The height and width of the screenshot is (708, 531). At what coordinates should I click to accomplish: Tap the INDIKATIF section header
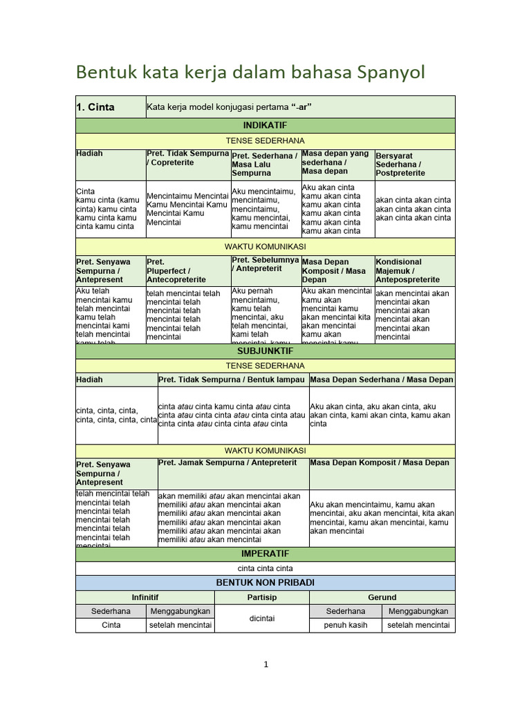265,126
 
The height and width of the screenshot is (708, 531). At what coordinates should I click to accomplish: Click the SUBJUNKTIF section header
265,352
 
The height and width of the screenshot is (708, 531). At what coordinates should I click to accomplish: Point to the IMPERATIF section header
265,555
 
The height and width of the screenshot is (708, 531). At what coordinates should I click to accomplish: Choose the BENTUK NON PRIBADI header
265,584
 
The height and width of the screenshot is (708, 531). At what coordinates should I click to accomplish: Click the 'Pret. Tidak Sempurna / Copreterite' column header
187,158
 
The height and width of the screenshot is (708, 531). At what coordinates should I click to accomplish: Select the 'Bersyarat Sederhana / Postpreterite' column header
413,165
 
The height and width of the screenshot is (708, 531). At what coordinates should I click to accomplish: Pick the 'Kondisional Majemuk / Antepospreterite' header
413,271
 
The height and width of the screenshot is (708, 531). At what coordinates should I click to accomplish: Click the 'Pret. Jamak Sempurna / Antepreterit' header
227,463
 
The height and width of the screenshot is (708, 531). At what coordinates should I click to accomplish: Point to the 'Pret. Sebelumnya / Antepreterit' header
265,264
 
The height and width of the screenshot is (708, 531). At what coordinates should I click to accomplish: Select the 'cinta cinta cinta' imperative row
265,568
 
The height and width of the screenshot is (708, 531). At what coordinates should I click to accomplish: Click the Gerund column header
382,597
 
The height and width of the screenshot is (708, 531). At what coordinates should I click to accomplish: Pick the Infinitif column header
145,597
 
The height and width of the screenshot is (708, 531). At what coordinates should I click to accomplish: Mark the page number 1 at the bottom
265,665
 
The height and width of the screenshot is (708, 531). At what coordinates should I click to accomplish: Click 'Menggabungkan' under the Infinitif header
180,611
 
